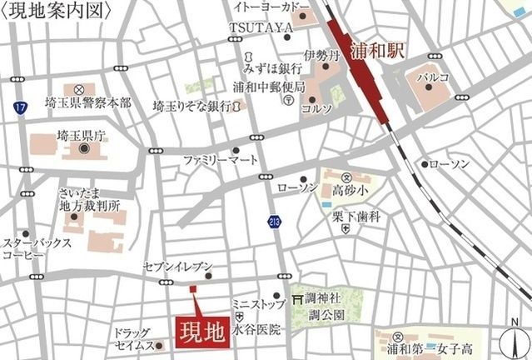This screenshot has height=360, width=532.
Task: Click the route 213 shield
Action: [x=275, y=221]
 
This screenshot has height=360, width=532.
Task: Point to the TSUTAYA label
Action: [x=261, y=27]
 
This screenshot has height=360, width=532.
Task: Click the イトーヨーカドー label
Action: [x=275, y=8]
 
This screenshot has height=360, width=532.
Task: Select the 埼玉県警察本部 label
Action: [x=90, y=102]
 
